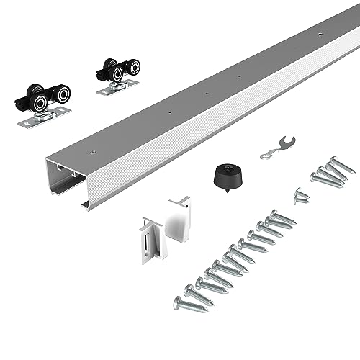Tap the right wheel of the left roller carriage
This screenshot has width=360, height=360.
61,94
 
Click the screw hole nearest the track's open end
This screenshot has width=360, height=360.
93,153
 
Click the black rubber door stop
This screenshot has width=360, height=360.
224,174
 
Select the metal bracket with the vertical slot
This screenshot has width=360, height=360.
153,237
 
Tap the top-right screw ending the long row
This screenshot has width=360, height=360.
284,217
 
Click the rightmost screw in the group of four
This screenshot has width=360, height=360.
341,167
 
